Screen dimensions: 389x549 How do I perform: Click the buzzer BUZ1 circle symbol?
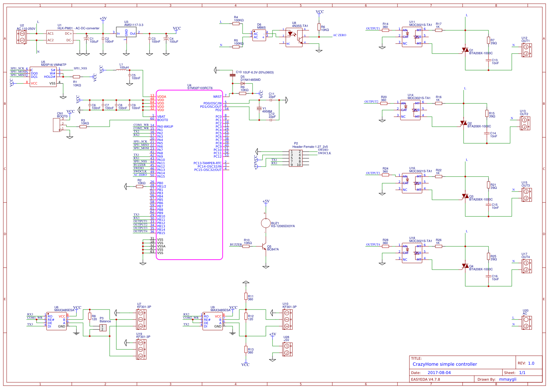coord(266,223)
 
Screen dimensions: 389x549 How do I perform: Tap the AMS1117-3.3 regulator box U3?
coord(126,32)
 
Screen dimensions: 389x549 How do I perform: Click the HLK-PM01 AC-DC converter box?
coord(60,37)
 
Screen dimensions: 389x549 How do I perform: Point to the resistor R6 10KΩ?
coord(319,27)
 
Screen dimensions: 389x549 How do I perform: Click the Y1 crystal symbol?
coord(259,109)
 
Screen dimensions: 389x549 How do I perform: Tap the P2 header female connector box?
coord(295,158)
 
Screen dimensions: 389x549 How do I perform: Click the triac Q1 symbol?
coord(465,50)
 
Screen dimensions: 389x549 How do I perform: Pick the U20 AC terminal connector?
coord(526,323)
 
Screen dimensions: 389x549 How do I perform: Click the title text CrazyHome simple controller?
coord(445,364)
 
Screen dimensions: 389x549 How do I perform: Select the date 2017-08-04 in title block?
coord(439,373)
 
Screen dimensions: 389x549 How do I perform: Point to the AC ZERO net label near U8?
coord(339,35)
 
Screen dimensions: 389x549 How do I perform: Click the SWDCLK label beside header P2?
coord(324,153)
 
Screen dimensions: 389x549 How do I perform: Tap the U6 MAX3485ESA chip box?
coord(56,321)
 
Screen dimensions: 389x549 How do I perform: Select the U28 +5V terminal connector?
coord(287,349)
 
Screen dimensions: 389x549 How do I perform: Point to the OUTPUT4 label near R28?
coord(373,245)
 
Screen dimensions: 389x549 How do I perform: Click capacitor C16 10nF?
coord(489,276)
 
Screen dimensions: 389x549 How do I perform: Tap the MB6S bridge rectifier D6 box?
coord(259,35)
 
